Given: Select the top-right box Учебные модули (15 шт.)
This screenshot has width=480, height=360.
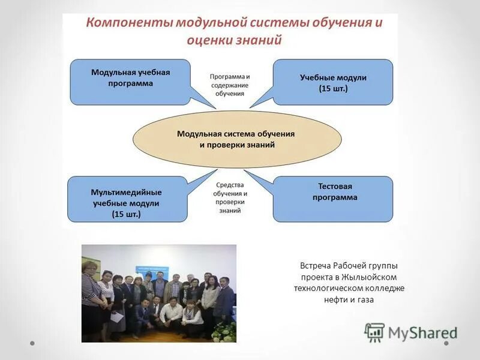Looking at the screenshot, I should [333, 82].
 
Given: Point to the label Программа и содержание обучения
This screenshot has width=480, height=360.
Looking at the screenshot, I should [230, 85].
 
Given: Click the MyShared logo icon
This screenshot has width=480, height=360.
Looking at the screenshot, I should [374, 332].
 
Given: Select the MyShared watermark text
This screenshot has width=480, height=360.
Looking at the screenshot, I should [422, 332].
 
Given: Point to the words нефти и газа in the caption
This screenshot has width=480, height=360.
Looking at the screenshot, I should [349, 299].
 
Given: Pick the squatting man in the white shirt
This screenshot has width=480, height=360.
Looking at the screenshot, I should [171, 312].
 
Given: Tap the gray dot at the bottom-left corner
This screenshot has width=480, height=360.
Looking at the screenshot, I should [33, 344].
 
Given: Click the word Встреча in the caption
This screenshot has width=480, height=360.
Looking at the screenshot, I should [317, 265].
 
